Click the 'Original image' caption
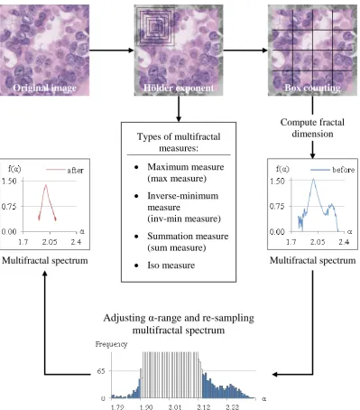click(x=44, y=88)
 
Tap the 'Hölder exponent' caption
click(x=179, y=88)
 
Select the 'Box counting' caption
click(x=312, y=88)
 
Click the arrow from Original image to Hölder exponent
click(x=112, y=51)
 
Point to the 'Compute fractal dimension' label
click(x=312, y=128)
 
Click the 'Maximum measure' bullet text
click(x=186, y=172)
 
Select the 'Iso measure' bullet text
click(x=171, y=266)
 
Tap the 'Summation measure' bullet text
click(x=188, y=242)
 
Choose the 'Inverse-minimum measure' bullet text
click(x=184, y=207)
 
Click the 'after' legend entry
click(x=65, y=171)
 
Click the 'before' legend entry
click(x=333, y=170)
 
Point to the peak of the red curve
click(x=46, y=185)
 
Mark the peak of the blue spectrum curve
click(x=313, y=179)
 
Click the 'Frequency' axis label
click(x=111, y=344)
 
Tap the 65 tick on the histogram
click(x=101, y=371)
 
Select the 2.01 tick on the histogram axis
click(x=175, y=407)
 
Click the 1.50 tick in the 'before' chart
click(x=277, y=181)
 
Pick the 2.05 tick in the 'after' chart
click(x=50, y=242)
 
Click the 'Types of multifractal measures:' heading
click(x=179, y=142)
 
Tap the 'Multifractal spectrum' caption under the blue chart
click(x=312, y=260)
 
